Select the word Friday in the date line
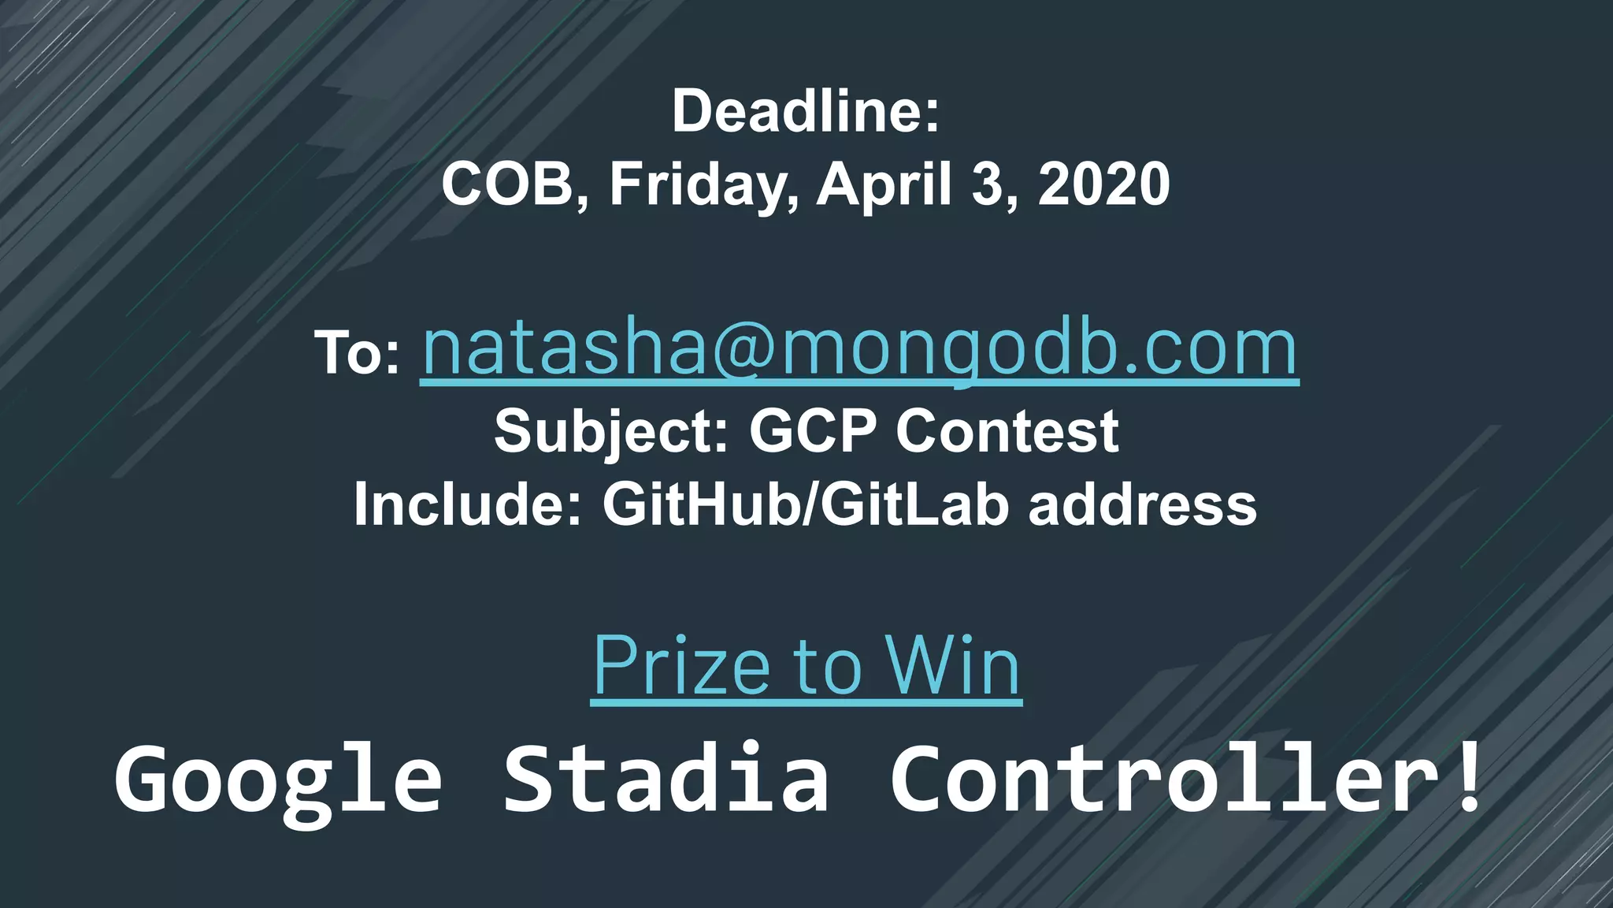point(698,184)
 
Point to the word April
point(884,184)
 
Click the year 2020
point(1103,184)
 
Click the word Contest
point(1007,432)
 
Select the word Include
point(462,504)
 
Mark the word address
point(1143,504)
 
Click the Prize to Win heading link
point(806,667)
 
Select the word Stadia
point(666,780)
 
